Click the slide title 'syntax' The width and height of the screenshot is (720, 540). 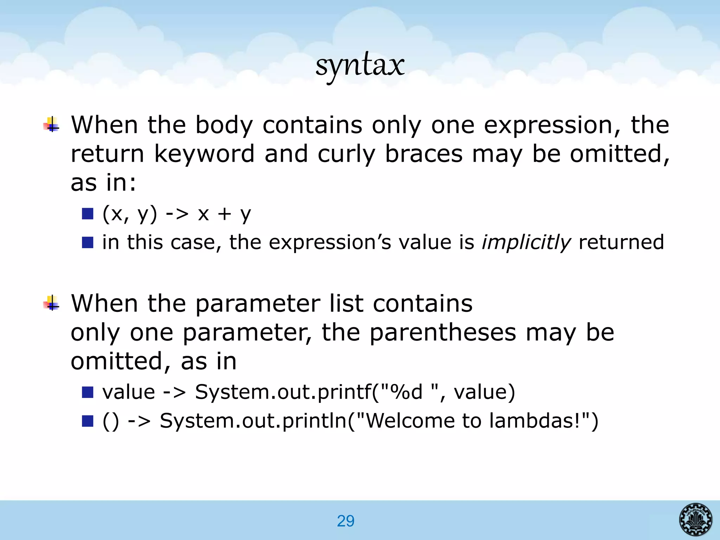[360, 66]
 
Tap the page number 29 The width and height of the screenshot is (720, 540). [346, 521]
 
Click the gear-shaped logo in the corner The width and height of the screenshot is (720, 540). [695, 519]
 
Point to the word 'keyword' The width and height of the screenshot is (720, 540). [204, 154]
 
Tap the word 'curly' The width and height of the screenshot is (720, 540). [346, 154]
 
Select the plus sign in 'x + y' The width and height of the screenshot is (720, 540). [224, 214]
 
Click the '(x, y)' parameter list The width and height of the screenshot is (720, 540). [130, 214]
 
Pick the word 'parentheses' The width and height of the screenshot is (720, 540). [443, 333]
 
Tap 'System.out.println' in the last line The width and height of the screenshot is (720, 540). [253, 420]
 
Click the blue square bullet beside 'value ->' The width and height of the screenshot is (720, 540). [88, 392]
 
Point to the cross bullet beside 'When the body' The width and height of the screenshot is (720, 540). [52, 124]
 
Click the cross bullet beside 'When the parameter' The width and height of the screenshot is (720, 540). [52, 303]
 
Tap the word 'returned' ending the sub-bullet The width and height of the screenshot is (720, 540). [621, 242]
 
